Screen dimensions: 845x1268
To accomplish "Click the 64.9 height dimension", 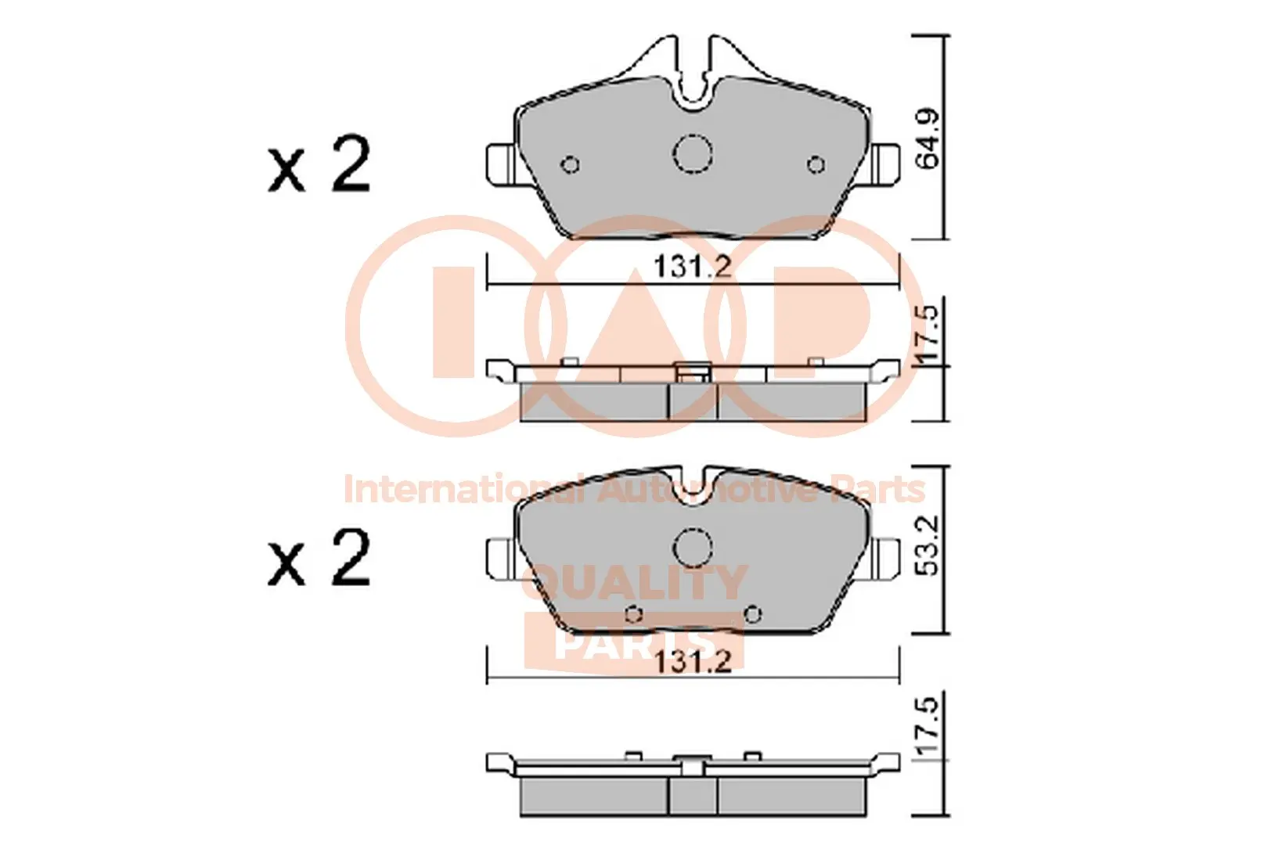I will pos(928,138).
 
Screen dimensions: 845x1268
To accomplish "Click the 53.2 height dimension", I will pos(928,545).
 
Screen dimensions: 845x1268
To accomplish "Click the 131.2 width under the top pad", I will pos(692,267).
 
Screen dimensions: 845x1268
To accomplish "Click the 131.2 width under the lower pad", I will pos(692,662).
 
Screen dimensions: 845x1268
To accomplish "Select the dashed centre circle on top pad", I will pos(692,153).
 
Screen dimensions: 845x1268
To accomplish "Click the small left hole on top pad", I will pos(571,164).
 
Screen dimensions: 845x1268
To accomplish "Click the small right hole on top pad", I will pos(816,164).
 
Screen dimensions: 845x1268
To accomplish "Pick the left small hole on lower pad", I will pos(635,614).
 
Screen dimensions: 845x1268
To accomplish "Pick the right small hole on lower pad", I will pos(752,614).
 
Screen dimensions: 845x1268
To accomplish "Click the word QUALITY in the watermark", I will pos(634,583).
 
